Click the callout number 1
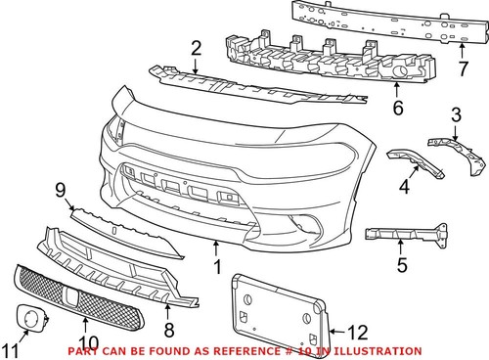tap(217, 265)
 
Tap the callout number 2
tap(196, 48)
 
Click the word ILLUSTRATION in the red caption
tap(378, 351)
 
